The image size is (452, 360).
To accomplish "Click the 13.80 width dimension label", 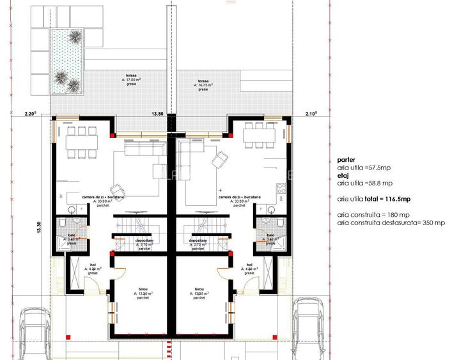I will [x=157, y=114].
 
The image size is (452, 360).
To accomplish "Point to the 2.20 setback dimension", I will [x=30, y=114].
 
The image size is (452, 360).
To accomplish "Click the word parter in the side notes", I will [x=344, y=160].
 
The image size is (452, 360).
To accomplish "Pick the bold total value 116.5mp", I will [x=386, y=200].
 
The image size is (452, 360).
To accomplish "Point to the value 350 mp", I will [x=433, y=223].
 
